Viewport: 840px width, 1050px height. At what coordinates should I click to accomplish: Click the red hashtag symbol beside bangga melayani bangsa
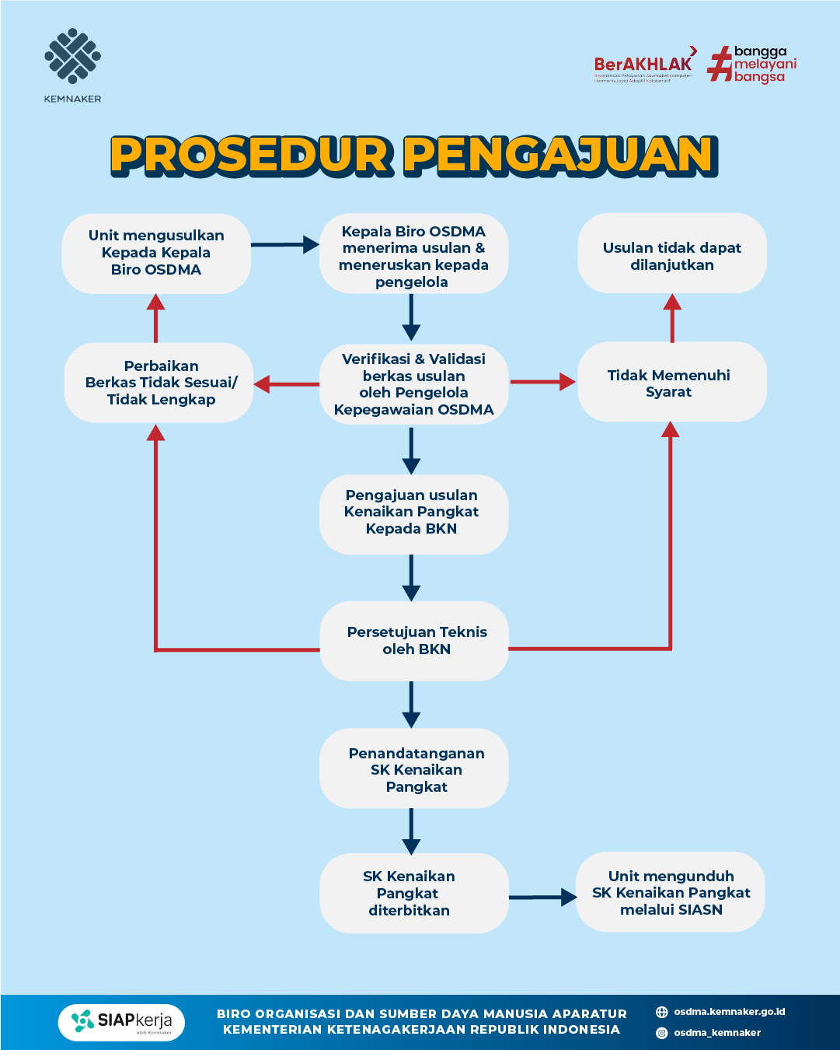tap(719, 65)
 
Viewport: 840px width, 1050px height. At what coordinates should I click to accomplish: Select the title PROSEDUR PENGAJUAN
tap(413, 155)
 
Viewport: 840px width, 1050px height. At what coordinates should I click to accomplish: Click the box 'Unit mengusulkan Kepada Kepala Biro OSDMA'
tap(156, 253)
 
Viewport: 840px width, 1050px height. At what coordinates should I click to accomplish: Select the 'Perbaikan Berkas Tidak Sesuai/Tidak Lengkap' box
tap(159, 383)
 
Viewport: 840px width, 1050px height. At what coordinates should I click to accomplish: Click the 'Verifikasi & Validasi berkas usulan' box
tap(413, 383)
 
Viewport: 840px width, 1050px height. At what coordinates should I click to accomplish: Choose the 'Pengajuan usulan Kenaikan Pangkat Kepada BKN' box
tap(413, 513)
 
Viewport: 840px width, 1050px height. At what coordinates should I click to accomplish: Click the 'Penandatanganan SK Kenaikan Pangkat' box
tap(414, 769)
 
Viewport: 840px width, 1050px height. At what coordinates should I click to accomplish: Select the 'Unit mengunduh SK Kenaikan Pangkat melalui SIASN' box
tap(670, 893)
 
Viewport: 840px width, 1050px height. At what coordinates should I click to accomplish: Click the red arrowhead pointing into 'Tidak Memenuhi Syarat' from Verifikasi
tap(566, 382)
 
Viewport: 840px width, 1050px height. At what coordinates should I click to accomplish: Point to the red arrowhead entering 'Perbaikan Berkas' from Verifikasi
tap(263, 383)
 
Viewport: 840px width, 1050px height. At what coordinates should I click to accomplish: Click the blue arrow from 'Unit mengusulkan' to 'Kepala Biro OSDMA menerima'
tap(284, 245)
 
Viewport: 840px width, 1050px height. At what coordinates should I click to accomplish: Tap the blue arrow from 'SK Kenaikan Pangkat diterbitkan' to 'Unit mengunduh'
tap(542, 898)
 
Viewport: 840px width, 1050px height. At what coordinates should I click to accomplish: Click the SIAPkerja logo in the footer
tap(121, 1022)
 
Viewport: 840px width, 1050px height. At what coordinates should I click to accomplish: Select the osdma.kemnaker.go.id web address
tap(729, 1012)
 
